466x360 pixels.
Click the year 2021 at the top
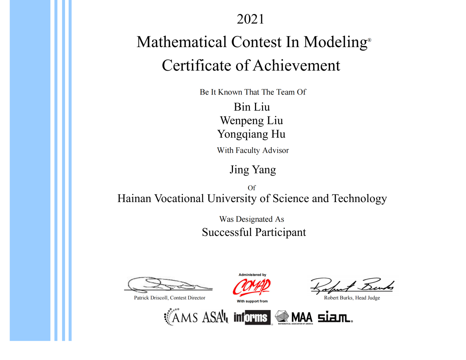250,19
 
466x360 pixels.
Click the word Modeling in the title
335,42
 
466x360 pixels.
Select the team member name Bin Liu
252,107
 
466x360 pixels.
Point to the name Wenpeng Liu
251,120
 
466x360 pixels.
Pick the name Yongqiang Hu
251,134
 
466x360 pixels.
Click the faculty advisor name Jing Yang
253,170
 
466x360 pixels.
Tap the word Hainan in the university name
134,199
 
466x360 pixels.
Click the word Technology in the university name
359,199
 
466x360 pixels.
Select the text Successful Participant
254,233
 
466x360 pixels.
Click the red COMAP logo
252,287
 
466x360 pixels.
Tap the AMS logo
181,317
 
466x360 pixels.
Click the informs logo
252,317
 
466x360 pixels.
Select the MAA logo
294,317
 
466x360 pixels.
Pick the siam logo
335,317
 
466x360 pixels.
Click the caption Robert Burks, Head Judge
352,298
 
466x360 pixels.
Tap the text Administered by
252,275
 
